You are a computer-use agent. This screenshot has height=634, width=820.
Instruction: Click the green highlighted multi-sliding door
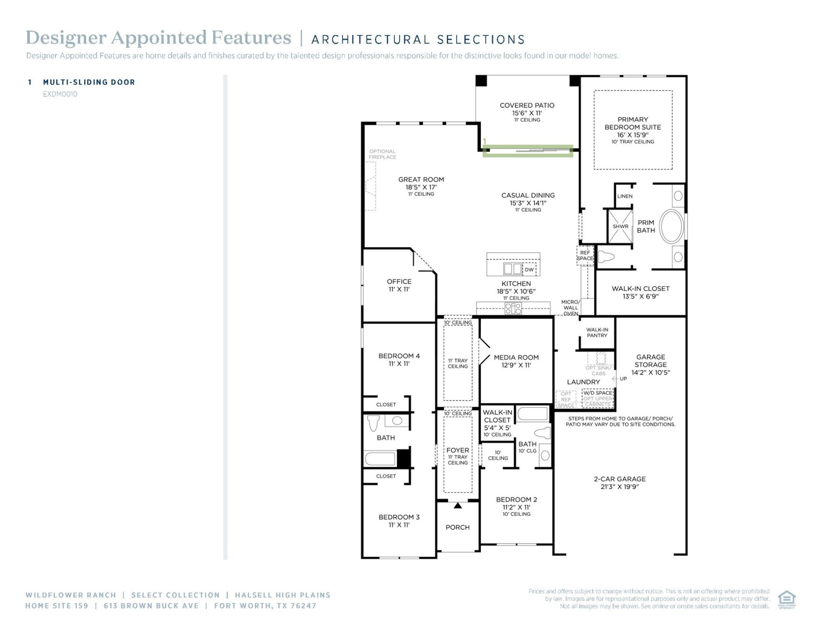528,151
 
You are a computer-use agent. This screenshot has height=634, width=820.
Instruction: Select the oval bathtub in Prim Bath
672,226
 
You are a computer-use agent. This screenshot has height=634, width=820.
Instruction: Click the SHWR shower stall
620,226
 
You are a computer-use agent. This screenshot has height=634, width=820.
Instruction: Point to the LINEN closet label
625,196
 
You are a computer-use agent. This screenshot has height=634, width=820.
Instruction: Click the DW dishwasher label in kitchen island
529,270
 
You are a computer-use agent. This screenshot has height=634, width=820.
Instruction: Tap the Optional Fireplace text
382,154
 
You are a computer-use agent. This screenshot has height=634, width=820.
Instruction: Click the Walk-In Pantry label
597,332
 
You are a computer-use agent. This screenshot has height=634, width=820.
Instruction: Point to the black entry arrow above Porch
458,505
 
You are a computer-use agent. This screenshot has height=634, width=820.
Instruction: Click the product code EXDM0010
60,94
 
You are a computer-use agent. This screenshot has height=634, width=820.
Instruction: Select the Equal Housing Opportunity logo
787,599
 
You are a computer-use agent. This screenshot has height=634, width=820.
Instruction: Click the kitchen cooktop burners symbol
513,308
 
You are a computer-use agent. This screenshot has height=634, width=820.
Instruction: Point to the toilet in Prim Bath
606,257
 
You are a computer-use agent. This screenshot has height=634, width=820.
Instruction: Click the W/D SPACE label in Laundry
598,393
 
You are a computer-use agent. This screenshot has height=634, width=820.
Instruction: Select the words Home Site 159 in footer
57,606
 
